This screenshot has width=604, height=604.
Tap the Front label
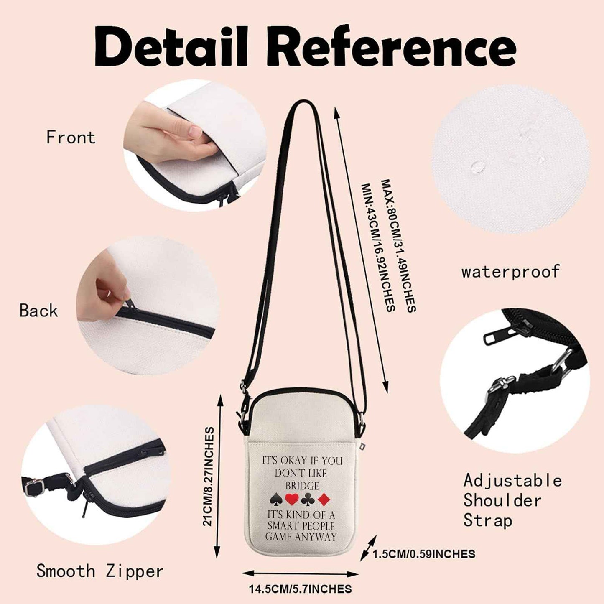[71, 137]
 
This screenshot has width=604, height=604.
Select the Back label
[38, 310]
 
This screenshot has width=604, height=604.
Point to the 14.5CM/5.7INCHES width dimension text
[300, 589]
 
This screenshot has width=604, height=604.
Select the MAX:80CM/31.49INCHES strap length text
[398, 246]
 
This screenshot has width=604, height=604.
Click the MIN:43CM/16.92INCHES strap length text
[378, 247]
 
